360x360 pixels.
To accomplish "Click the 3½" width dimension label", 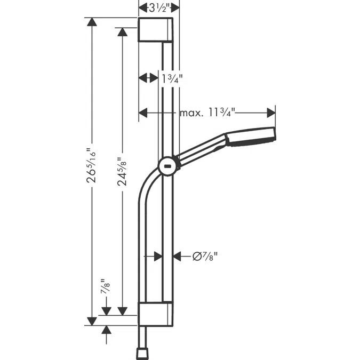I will coord(159,7).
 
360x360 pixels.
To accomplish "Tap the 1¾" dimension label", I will coord(173,78).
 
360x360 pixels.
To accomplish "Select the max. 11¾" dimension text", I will coord(207,113).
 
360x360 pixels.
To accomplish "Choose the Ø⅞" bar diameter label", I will coord(205,257).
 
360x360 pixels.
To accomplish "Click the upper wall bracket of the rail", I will coord(156,29).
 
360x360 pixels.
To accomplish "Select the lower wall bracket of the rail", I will coord(156,314).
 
